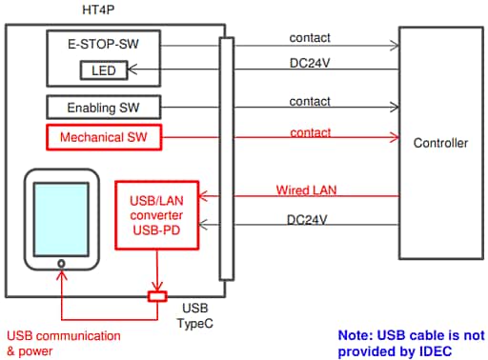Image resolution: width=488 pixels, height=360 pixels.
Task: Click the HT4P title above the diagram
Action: click(102, 10)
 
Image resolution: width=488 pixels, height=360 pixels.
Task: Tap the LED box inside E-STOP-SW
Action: click(102, 70)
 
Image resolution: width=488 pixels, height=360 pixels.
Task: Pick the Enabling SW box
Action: click(102, 107)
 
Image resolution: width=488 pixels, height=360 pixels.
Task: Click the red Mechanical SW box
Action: click(103, 137)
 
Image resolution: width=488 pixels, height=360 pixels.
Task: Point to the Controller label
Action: click(440, 144)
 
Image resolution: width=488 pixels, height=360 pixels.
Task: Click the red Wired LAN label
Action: click(306, 190)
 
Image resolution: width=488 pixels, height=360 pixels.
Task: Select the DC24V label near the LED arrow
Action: click(310, 62)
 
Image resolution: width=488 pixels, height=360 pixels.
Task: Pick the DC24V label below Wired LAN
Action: click(309, 219)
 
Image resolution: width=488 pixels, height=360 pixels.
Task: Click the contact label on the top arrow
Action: click(309, 37)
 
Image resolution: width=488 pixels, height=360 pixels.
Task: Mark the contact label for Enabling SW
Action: click(309, 100)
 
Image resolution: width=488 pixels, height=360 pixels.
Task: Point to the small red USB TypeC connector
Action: click(157, 296)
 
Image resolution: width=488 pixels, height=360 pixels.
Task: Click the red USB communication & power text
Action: click(64, 343)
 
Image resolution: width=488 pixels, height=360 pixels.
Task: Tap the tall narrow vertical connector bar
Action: click(226, 157)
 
